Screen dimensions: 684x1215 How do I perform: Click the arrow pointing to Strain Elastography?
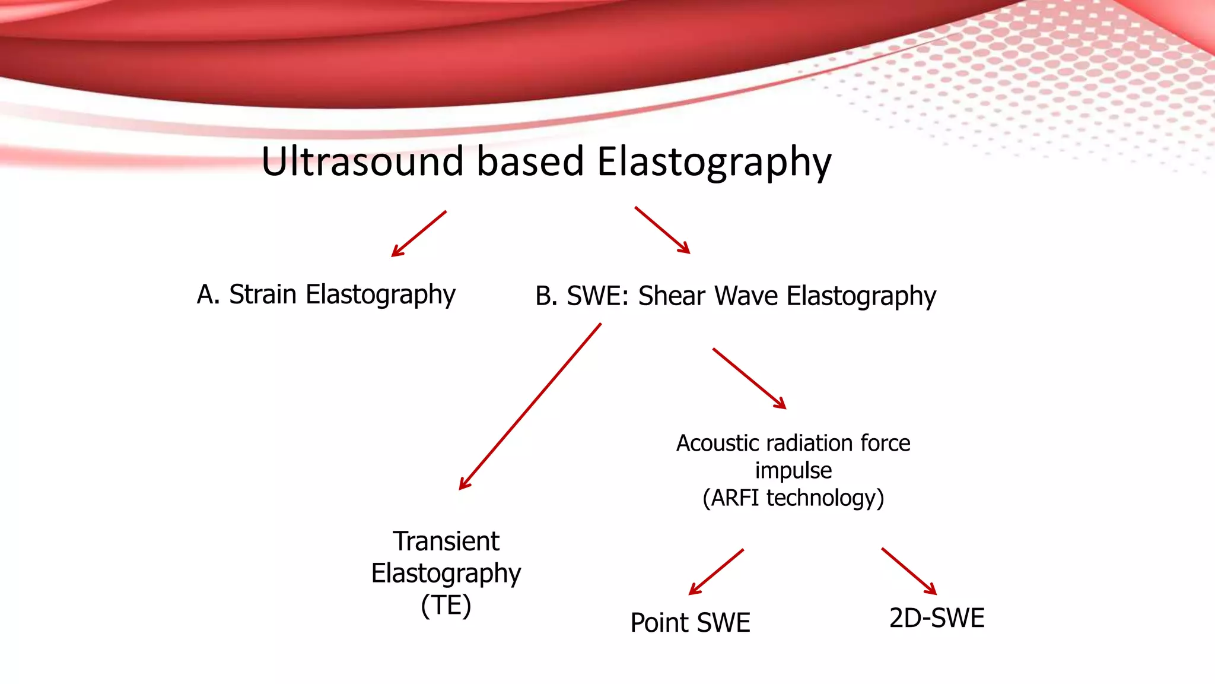(418, 234)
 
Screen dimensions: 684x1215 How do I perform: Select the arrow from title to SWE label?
(662, 230)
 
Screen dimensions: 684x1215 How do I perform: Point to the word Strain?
(262, 294)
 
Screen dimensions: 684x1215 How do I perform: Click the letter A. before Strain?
(208, 294)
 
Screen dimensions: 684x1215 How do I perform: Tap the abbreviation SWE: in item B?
(597, 296)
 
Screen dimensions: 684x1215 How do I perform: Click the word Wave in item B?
(746, 296)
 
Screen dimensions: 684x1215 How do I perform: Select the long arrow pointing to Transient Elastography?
(530, 407)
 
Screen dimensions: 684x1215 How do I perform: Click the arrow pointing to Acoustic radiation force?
(749, 378)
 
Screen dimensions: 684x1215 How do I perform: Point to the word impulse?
(793, 470)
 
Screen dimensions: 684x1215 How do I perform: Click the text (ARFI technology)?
(793, 498)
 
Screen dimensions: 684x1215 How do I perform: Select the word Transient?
(446, 541)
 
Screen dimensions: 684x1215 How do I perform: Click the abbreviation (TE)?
(446, 605)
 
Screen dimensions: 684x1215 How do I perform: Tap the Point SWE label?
(690, 622)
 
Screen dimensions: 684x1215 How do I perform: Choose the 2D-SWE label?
(937, 618)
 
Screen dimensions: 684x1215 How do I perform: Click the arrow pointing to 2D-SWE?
(909, 571)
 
